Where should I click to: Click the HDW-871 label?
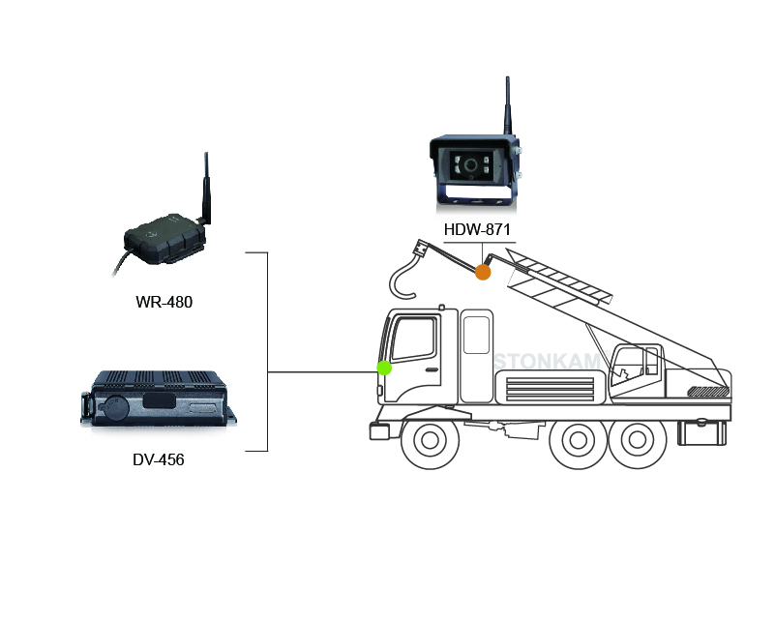point(478,230)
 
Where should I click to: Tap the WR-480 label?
point(164,302)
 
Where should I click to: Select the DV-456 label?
point(159,459)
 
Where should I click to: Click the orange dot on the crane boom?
point(483,273)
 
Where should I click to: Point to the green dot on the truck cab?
point(384,368)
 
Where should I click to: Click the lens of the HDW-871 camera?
point(471,165)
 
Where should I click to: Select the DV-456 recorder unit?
point(160,399)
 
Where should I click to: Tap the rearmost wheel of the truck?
point(633,442)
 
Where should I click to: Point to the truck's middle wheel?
point(570,442)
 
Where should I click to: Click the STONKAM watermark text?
point(548,361)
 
